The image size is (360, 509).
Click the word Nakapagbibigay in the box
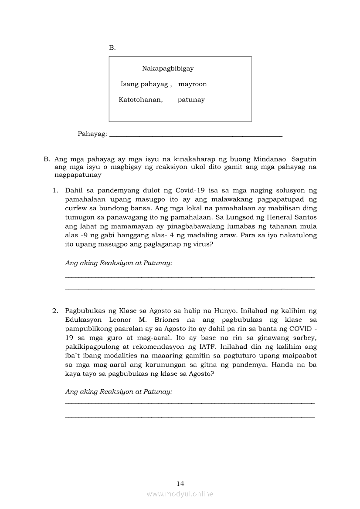168,68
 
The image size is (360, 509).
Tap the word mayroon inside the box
193,84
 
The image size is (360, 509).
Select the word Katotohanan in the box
140,100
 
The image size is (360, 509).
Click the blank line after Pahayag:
196,135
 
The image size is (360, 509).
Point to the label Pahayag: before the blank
92,134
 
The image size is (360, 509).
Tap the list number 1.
55,190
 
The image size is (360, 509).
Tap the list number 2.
55,310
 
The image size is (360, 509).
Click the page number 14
180,484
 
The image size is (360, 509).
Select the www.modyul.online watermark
180,494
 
